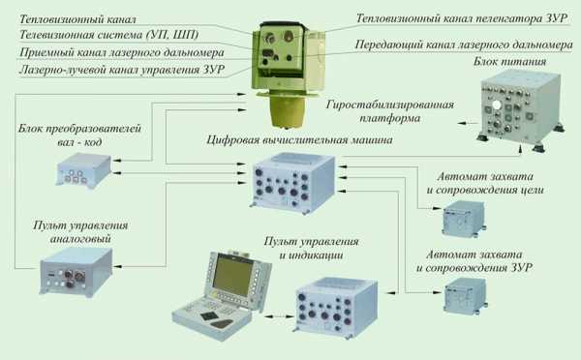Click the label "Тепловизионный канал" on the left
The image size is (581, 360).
[x=77, y=19]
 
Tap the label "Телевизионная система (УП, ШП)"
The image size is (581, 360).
[x=108, y=35]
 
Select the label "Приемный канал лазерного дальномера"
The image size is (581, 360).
[x=122, y=52]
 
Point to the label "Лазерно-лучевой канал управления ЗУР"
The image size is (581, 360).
[x=122, y=70]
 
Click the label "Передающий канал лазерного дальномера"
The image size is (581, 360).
[x=464, y=45]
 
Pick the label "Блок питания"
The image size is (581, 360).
[x=509, y=62]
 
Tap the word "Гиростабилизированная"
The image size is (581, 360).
[x=390, y=105]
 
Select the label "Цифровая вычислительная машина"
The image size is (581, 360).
[x=299, y=140]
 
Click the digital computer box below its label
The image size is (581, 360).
[x=293, y=184]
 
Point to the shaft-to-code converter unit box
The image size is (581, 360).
[x=83, y=170]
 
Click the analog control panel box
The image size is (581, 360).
[x=76, y=272]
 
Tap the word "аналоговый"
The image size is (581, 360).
[x=80, y=239]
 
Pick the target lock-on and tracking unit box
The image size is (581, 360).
[x=464, y=219]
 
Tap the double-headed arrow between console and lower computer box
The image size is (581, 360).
[x=279, y=316]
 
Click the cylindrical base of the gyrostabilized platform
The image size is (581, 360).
[x=288, y=110]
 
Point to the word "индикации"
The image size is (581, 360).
[x=311, y=255]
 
